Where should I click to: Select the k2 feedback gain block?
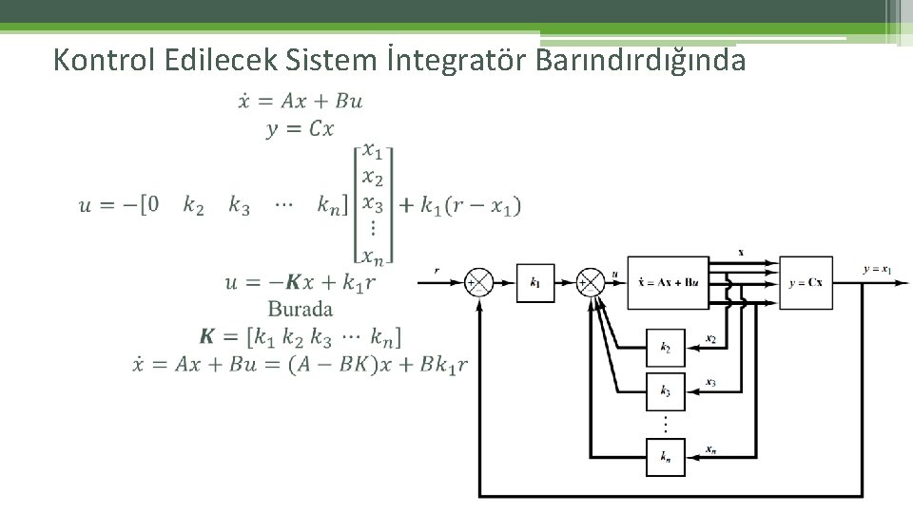[x=665, y=349]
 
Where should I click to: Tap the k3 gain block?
[x=665, y=391]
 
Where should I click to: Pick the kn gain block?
[x=665, y=457]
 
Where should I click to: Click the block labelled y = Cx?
[x=806, y=282]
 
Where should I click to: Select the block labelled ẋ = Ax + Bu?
[x=668, y=282]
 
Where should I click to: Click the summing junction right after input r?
[x=479, y=282]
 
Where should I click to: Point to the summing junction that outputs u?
[x=591, y=282]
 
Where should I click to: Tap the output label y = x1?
[x=877, y=270]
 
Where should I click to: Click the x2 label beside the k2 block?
[x=711, y=338]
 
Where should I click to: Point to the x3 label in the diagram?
[x=711, y=382]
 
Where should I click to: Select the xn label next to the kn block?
[x=711, y=447]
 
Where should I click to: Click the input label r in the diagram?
[x=437, y=271]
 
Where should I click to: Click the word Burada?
[x=301, y=309]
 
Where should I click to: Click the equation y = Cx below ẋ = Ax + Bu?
[x=300, y=128]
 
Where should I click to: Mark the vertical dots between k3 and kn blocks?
[x=665, y=424]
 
